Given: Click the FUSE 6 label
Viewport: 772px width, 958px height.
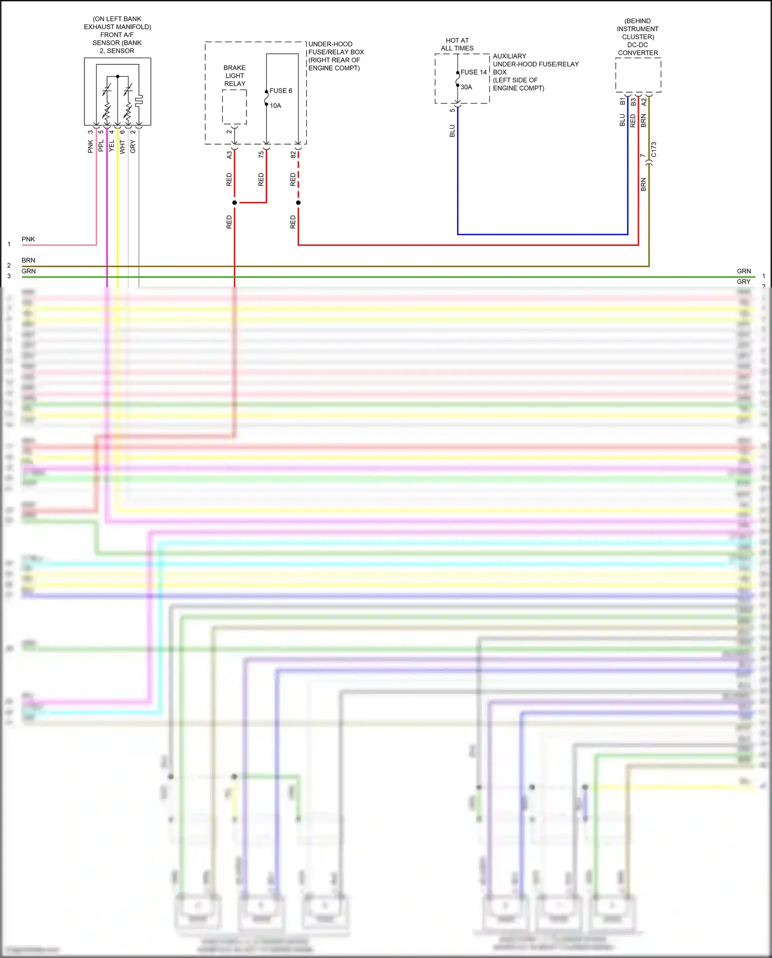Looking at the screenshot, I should click(x=280, y=91).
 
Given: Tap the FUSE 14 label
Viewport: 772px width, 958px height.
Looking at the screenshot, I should click(x=473, y=72).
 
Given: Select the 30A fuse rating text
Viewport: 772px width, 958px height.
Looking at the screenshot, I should click(x=466, y=87).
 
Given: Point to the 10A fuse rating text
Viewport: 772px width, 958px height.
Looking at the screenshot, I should click(x=275, y=106).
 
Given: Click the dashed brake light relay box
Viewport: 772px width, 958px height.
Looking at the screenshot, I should click(x=234, y=107).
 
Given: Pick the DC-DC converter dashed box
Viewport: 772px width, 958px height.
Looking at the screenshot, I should click(x=638, y=75).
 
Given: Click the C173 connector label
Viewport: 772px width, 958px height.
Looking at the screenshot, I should click(x=654, y=150).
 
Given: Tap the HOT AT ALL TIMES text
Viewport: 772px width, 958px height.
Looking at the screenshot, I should click(x=457, y=44).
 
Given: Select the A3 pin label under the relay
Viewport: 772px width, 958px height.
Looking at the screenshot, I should click(x=229, y=154).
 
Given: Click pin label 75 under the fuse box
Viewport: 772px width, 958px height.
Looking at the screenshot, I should click(x=261, y=154).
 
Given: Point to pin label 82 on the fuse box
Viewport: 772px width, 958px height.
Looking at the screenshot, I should click(x=293, y=154).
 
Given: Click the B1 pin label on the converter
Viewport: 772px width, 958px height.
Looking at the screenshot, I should click(x=622, y=101).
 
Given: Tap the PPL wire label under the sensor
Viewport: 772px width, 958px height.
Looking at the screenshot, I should click(x=101, y=146).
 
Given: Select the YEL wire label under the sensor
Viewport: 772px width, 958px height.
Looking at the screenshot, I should click(x=112, y=146).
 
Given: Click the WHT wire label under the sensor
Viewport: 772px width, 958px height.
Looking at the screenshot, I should click(x=122, y=147).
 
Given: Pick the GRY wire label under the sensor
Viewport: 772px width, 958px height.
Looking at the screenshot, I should click(x=133, y=147).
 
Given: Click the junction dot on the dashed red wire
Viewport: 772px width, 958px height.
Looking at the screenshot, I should click(x=298, y=202).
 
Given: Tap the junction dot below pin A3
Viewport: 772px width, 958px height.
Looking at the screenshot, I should click(x=234, y=202).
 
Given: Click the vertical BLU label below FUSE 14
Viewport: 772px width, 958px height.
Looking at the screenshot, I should click(x=452, y=131).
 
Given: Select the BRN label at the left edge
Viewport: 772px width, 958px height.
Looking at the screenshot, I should click(x=28, y=260).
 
